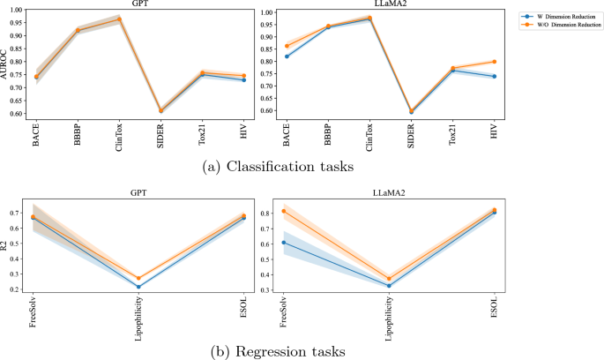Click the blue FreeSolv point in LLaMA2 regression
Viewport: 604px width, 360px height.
coord(283,243)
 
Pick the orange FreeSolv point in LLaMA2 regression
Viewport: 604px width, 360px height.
coord(283,211)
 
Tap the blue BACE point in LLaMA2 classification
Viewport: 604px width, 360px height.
coord(286,56)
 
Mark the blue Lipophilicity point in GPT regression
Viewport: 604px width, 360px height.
coord(138,287)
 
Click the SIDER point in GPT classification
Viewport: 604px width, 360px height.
coord(160,111)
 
